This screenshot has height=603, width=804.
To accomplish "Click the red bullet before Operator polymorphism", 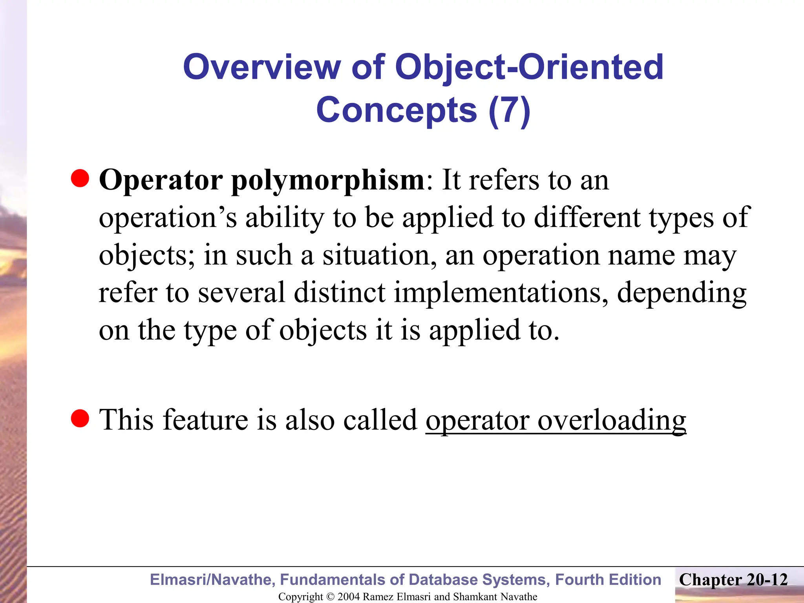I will (x=80, y=179).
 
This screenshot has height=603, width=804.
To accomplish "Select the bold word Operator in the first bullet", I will (x=161, y=181).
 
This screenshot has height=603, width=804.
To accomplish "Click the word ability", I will (x=285, y=218).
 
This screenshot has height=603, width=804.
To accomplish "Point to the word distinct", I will (x=340, y=293).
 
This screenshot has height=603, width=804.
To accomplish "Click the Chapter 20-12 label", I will (x=733, y=580).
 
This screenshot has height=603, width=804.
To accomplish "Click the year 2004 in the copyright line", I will (x=349, y=597).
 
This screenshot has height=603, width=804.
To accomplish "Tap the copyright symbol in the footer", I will (x=330, y=597).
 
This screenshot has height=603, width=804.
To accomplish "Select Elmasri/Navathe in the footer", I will (x=212, y=580).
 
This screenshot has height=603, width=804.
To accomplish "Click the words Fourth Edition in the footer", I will (x=608, y=580).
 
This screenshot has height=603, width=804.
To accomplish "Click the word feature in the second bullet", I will (x=205, y=420).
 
